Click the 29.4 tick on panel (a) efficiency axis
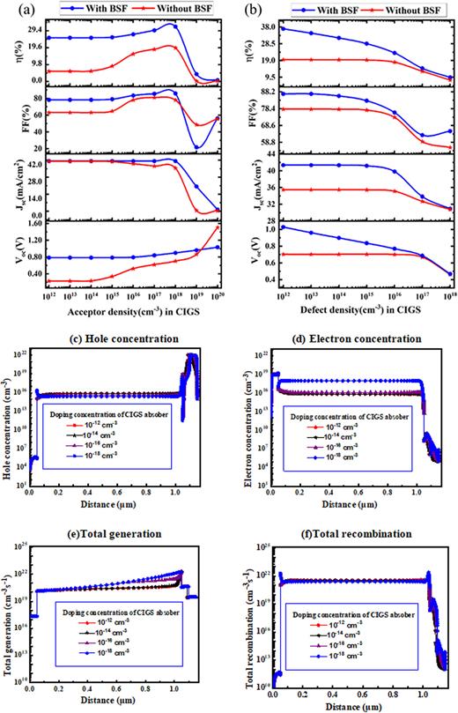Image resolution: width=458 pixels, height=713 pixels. click(x=30, y=29)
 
